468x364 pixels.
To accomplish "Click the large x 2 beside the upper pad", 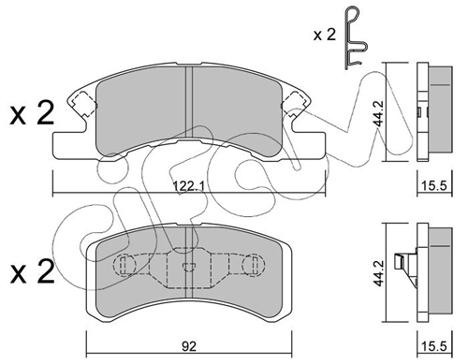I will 31,117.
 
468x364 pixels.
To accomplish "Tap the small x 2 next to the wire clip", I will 325,35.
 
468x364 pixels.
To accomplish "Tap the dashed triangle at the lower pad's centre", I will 186,265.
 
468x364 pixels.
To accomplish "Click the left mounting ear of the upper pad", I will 80,104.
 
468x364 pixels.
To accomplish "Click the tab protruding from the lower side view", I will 405,265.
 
